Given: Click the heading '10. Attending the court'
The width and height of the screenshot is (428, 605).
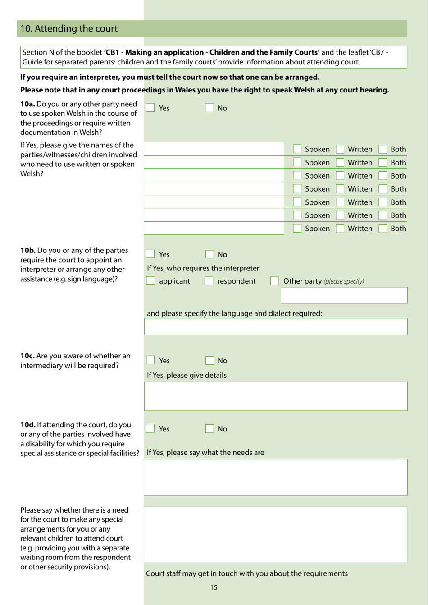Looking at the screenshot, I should pyautogui.click(x=69, y=28).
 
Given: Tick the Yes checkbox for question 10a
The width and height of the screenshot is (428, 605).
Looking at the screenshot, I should pyautogui.click(x=150, y=108).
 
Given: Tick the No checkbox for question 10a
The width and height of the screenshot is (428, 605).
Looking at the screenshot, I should pyautogui.click(x=209, y=108).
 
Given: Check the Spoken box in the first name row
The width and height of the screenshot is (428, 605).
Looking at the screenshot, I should pyautogui.click(x=297, y=149).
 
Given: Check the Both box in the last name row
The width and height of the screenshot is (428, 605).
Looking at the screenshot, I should pyautogui.click(x=383, y=229).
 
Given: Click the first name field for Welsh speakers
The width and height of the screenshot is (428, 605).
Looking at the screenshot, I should pyautogui.click(x=214, y=149).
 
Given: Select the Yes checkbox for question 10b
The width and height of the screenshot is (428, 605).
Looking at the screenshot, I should pyautogui.click(x=150, y=254).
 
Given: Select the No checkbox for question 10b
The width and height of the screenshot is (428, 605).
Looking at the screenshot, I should pyautogui.click(x=209, y=254).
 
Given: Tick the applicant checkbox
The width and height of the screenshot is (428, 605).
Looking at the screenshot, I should pyautogui.click(x=150, y=281).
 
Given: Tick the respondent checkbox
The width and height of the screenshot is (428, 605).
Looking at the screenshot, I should pyautogui.click(x=209, y=281).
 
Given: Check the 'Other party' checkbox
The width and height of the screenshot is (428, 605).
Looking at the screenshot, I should pyautogui.click(x=274, y=281).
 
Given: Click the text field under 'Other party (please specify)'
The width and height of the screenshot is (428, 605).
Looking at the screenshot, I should pyautogui.click(x=344, y=296).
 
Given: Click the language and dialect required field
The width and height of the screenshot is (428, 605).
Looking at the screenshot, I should pyautogui.click(x=276, y=326).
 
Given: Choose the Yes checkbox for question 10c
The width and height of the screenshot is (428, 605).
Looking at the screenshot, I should pyautogui.click(x=150, y=360).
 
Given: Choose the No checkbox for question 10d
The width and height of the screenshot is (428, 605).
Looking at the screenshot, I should pyautogui.click(x=209, y=429).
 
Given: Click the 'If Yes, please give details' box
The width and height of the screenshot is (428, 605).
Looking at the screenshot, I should pyautogui.click(x=276, y=396).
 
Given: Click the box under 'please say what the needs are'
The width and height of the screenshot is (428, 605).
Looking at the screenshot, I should pyautogui.click(x=276, y=477).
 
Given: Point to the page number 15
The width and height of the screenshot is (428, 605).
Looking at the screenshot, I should pyautogui.click(x=214, y=587).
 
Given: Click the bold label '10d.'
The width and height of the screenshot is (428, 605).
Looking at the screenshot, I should pyautogui.click(x=28, y=425).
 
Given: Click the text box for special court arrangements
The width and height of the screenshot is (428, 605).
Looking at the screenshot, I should pyautogui.click(x=276, y=535).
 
